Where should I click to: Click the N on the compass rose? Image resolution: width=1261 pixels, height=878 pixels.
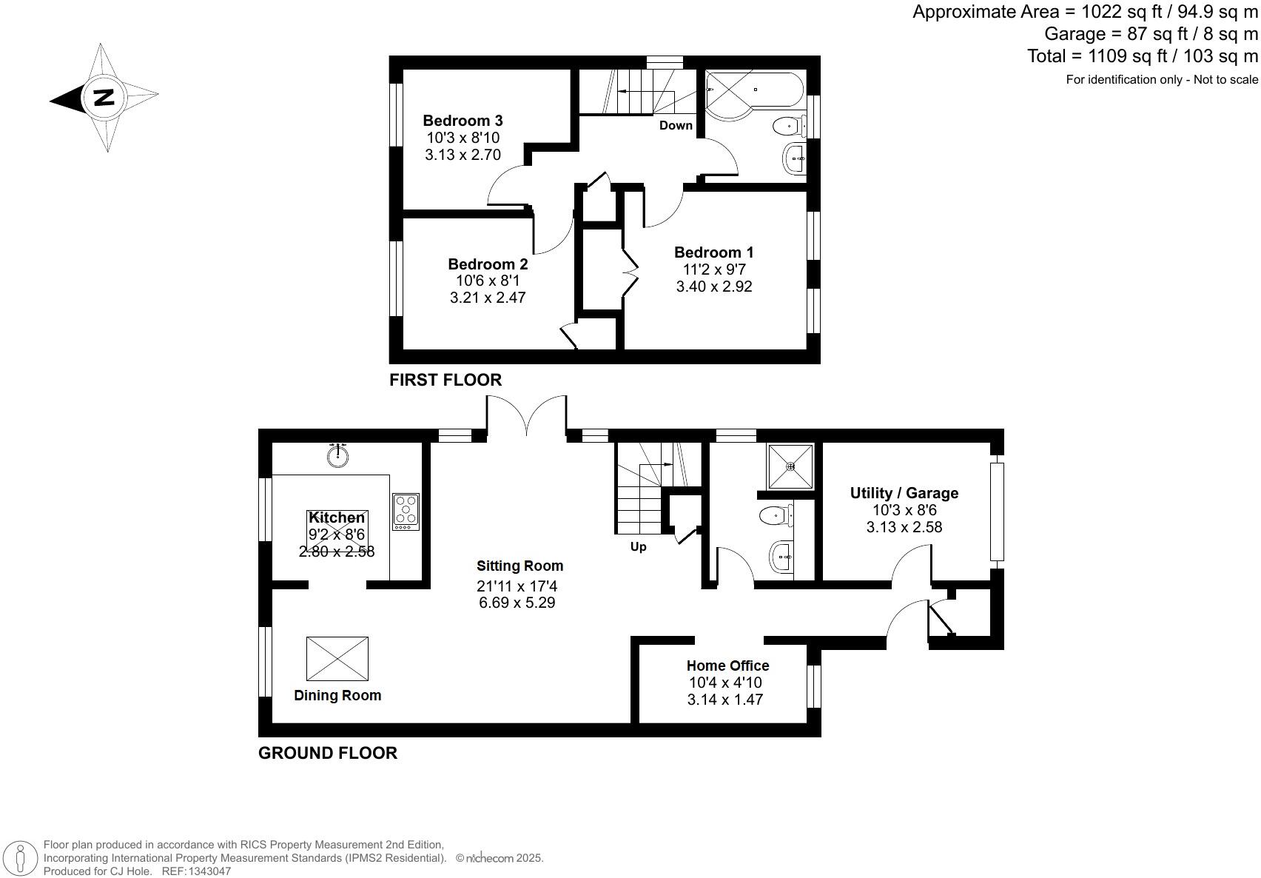tap(103, 97)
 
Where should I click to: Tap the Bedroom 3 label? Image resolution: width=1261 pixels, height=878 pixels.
tap(463, 121)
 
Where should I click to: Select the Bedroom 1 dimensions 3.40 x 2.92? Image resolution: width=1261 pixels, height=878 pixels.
tap(713, 286)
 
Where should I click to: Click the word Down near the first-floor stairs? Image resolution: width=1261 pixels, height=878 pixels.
tap(676, 125)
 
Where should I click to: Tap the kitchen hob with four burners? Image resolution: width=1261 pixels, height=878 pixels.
tap(406, 511)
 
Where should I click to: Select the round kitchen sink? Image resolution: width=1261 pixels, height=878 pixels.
tap(338, 455)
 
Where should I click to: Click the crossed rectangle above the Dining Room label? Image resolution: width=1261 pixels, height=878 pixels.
tap(337, 658)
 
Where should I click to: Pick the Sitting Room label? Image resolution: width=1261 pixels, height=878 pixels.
tap(519, 566)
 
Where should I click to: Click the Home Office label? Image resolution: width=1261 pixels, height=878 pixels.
tap(727, 666)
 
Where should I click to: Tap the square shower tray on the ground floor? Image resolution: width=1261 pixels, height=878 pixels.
tap(790, 466)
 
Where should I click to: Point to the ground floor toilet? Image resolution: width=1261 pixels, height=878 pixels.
tap(775, 515)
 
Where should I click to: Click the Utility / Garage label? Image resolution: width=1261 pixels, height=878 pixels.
tap(904, 493)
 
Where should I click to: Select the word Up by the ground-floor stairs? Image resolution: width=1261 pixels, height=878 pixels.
tap(638, 547)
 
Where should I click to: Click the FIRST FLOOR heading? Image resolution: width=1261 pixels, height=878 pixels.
tap(445, 380)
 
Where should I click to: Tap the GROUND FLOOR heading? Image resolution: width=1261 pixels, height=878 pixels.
tap(327, 753)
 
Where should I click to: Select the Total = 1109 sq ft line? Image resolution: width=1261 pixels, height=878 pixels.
tap(1142, 56)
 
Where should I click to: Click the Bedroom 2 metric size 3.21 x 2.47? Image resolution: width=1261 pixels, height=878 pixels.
tap(488, 298)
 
